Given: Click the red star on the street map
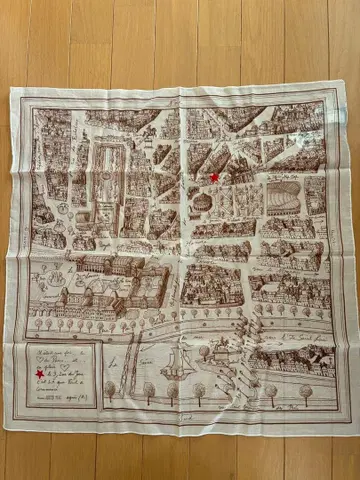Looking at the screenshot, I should [214, 177].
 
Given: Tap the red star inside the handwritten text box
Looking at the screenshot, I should [40, 374].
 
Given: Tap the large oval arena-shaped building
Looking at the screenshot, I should [277, 197].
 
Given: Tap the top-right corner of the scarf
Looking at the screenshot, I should [336, 86].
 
